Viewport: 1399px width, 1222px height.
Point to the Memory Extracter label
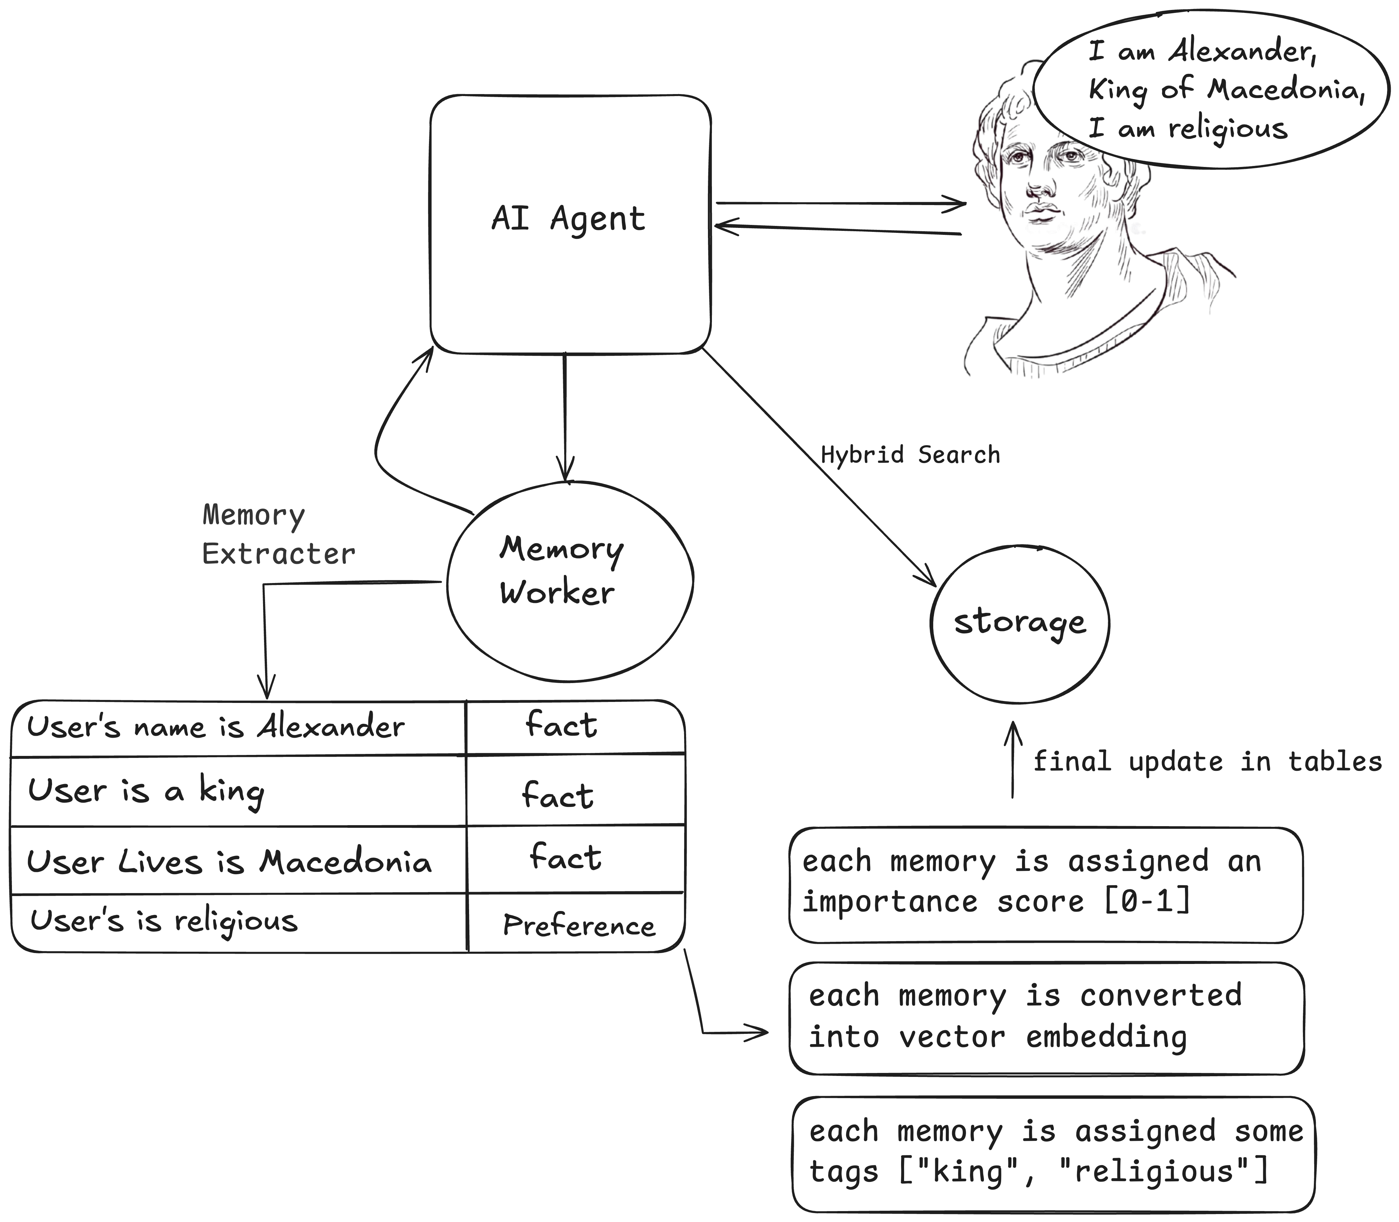pos(278,535)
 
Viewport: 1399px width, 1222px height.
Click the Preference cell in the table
pos(578,926)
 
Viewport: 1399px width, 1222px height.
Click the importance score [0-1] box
pos(1046,885)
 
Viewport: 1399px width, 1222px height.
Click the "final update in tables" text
pos(1207,762)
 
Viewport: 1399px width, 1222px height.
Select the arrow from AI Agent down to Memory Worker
pos(565,417)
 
